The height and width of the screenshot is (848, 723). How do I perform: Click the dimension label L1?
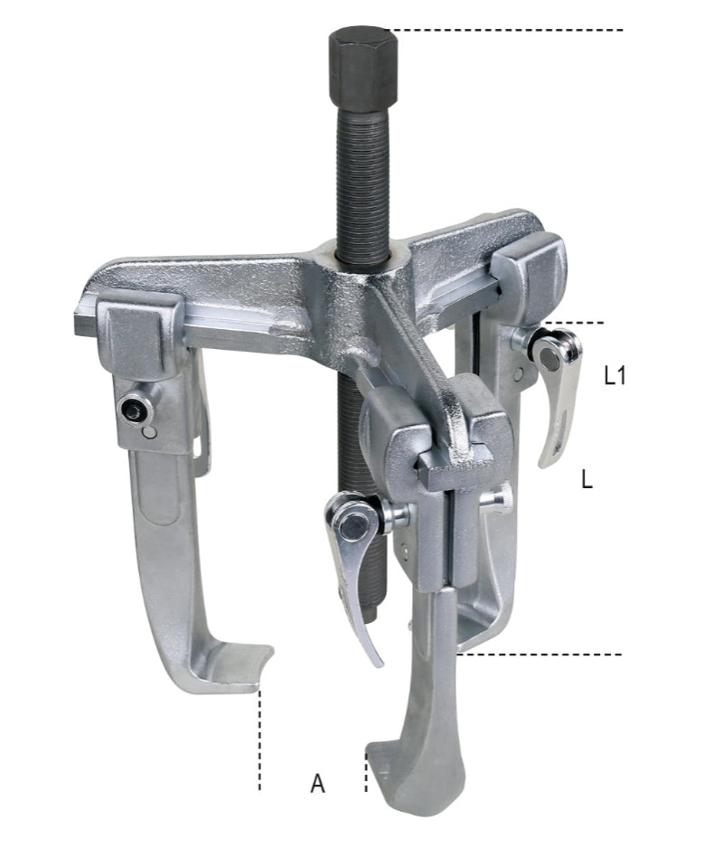coord(615,376)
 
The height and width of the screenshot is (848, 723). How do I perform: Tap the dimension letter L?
coord(587,480)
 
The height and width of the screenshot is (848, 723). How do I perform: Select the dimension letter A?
coord(317,783)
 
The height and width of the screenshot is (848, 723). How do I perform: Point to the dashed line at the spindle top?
coord(506,31)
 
